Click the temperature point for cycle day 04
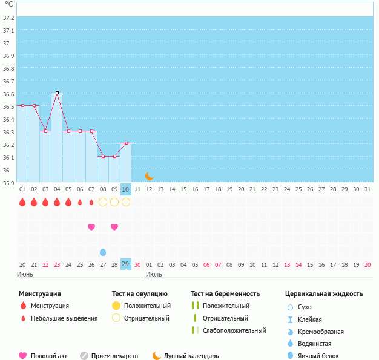click(x=57, y=93)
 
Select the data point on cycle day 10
click(x=126, y=143)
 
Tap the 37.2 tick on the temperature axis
click(x=8, y=18)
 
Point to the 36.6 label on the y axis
click(x=8, y=94)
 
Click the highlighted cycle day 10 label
click(x=126, y=189)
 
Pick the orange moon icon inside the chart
click(x=149, y=176)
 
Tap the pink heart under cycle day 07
click(x=91, y=227)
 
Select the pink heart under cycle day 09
click(x=114, y=227)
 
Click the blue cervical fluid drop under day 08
click(x=103, y=252)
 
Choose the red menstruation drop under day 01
click(x=22, y=202)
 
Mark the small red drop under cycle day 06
click(x=80, y=203)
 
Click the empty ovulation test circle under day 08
click(x=103, y=202)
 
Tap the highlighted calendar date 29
click(x=126, y=264)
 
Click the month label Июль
click(x=154, y=275)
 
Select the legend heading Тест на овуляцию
click(x=140, y=294)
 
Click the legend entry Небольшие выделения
click(x=64, y=318)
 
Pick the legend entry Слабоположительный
click(x=234, y=330)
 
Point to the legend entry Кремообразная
click(x=321, y=332)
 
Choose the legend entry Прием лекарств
click(x=114, y=356)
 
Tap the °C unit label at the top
click(x=9, y=4)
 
